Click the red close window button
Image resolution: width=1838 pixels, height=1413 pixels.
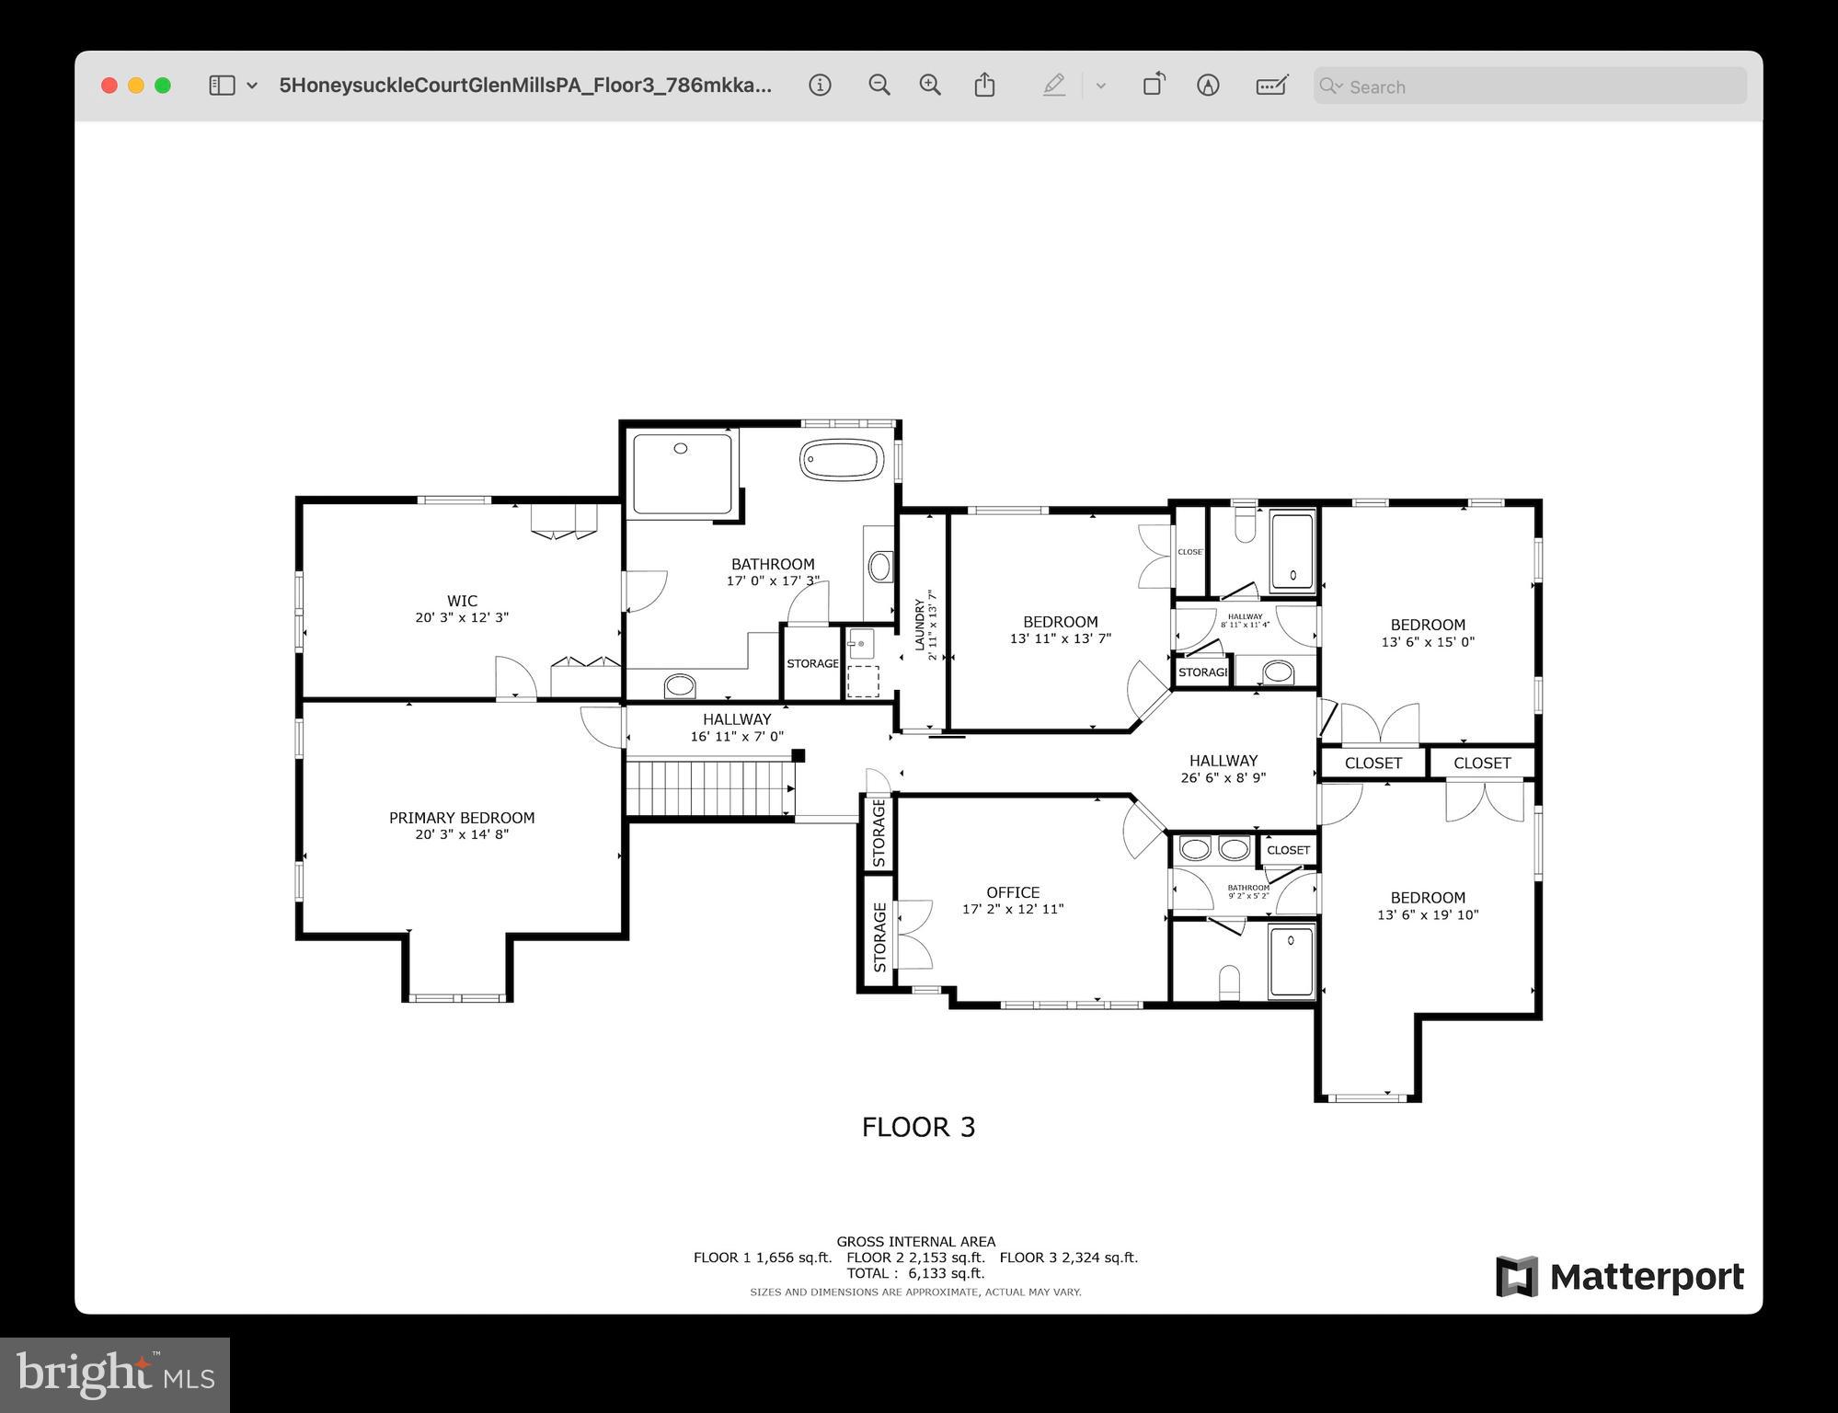tap(109, 86)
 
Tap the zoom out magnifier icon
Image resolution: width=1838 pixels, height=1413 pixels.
tap(879, 86)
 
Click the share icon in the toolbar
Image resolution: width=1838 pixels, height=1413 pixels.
tap(984, 85)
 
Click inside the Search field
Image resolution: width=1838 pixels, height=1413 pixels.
tap(1536, 86)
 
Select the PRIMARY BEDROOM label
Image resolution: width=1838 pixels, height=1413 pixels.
tap(461, 818)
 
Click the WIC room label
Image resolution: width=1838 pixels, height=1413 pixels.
tap(462, 601)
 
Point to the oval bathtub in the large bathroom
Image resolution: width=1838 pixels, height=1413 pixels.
tap(841, 460)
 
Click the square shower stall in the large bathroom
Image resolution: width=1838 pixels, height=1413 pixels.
tap(682, 474)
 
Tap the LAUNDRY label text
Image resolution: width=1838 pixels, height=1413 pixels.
tap(920, 625)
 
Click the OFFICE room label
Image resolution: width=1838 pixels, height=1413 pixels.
tap(1013, 892)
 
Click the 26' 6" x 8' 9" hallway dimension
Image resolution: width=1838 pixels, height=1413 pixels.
tap(1223, 778)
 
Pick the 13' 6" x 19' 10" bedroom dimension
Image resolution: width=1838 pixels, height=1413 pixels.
tap(1427, 915)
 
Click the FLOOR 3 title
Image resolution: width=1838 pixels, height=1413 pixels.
tap(918, 1127)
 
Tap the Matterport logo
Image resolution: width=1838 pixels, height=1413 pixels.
tap(1619, 1276)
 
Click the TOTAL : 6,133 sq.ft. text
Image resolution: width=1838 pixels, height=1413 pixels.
tap(915, 1273)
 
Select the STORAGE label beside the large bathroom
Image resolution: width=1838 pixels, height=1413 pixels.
tap(812, 663)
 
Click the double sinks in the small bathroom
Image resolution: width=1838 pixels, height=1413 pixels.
tap(1214, 848)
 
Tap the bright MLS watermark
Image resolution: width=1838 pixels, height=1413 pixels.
tap(115, 1374)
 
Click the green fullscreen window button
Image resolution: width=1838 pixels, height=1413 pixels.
tap(163, 86)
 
